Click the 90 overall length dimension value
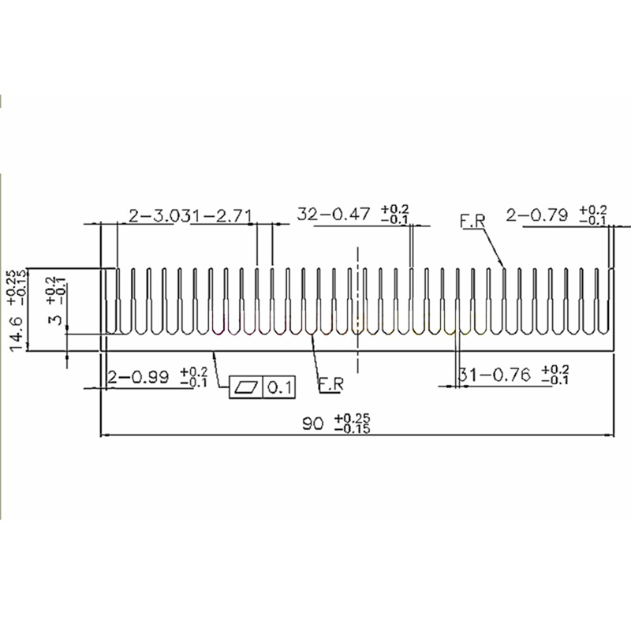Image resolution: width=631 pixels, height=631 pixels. point(314,424)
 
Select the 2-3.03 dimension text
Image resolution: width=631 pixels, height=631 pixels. point(161,215)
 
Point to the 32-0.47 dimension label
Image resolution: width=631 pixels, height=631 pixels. point(333,214)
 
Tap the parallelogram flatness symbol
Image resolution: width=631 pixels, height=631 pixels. point(245,387)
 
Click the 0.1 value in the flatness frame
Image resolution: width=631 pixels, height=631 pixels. point(280,387)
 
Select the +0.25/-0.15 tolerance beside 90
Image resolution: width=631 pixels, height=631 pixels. point(352,424)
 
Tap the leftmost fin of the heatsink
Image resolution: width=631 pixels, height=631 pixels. point(118,300)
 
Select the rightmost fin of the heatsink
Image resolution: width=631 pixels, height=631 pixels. point(612,300)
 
